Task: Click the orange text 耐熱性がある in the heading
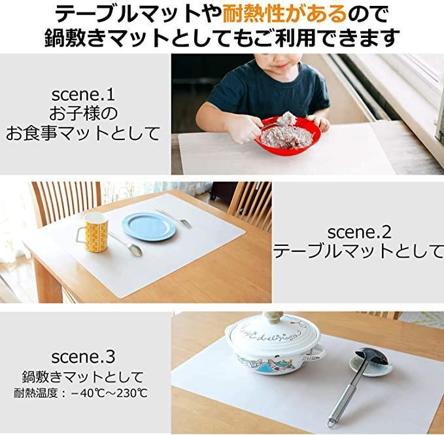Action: coord(284,14)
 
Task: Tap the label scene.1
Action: coord(83,94)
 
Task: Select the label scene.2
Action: coord(360,232)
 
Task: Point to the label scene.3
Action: coord(83,357)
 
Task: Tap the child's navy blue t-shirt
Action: coord(267,90)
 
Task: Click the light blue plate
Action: coord(149,227)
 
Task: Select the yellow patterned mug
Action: coord(93,232)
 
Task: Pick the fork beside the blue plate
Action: coord(173,217)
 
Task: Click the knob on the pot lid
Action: coord(273,317)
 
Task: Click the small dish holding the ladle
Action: coord(370,367)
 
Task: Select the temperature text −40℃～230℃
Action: coord(109,393)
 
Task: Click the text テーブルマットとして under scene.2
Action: coord(358,251)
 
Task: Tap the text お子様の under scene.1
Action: coord(83,114)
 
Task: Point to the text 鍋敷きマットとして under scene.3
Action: coord(83,377)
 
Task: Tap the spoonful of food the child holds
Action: coord(288,118)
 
